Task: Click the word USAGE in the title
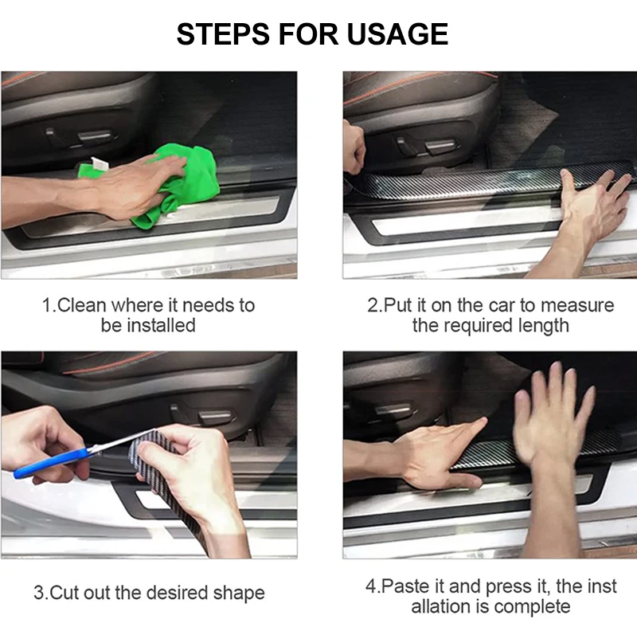[x=397, y=33]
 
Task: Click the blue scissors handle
[x=51, y=463]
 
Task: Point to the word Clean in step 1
[x=82, y=305]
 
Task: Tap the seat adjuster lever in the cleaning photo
[x=95, y=135]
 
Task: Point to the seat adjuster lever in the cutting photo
[x=215, y=417]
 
